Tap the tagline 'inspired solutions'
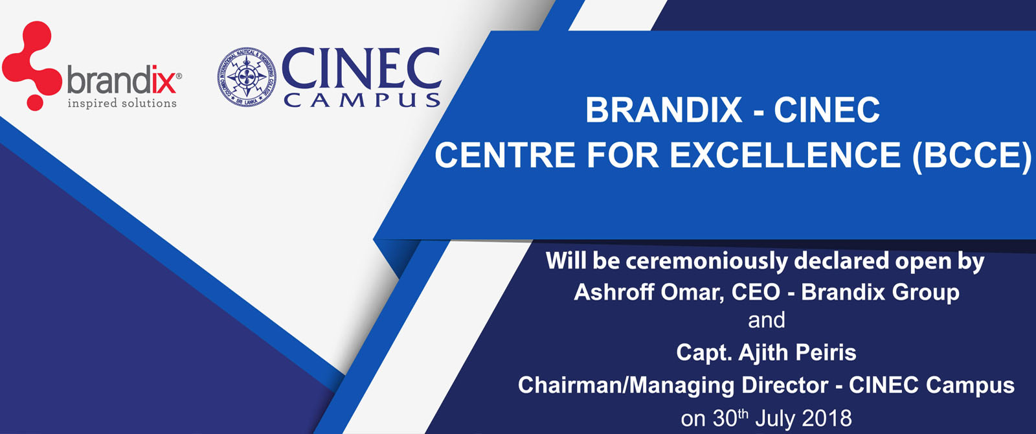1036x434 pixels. [x=122, y=103]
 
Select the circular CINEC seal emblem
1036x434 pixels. [x=247, y=77]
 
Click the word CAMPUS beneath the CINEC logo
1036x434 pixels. [x=362, y=100]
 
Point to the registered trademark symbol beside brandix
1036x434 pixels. [x=179, y=76]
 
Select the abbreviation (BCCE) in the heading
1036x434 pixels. [x=971, y=155]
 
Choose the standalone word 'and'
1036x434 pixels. [x=767, y=320]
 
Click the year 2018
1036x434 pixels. [x=828, y=418]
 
